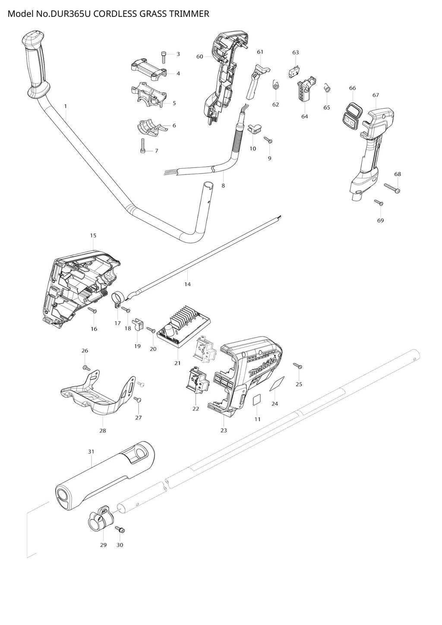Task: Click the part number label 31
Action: click(91, 451)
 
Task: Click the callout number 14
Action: click(187, 284)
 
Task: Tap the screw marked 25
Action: click(298, 366)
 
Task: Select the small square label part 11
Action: click(257, 399)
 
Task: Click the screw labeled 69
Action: click(379, 202)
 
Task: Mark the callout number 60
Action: click(199, 57)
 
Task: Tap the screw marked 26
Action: click(86, 368)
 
